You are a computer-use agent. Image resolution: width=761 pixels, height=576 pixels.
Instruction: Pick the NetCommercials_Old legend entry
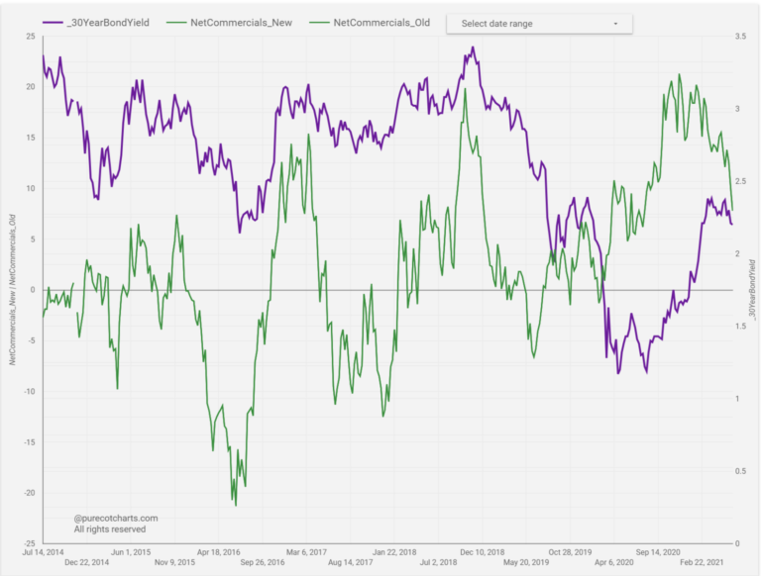(380, 22)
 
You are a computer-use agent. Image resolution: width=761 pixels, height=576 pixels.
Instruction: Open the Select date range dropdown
(539, 23)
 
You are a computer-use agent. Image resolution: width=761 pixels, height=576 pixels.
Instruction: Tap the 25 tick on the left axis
(31, 37)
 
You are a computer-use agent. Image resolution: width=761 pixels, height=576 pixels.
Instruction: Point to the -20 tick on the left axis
(29, 493)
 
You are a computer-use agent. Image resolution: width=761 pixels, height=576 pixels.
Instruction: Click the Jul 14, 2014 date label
(44, 552)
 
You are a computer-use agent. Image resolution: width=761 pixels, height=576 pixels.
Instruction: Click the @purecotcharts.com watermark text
(116, 518)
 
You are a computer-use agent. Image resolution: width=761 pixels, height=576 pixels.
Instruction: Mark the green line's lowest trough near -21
(236, 505)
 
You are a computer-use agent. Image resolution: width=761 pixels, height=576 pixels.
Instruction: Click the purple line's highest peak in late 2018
(473, 48)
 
